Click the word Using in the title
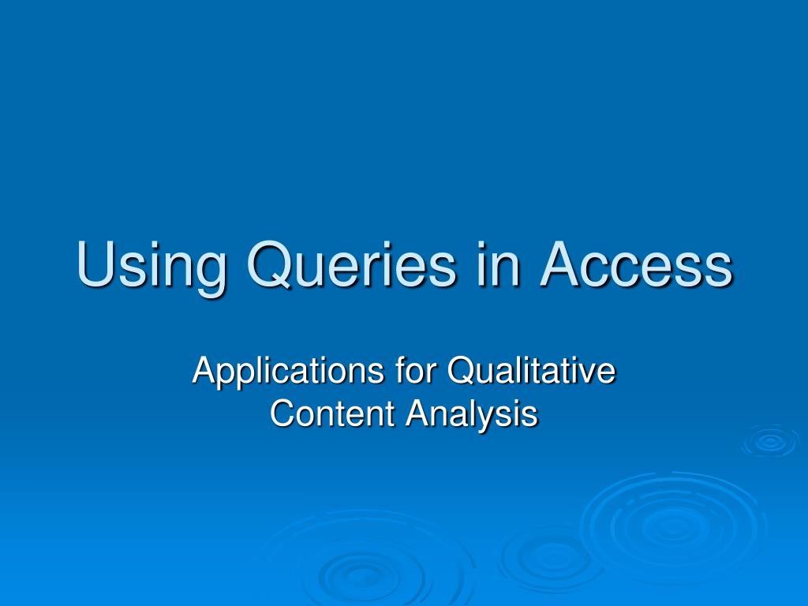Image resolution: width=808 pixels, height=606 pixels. (150, 266)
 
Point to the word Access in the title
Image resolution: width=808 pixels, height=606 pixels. (637, 266)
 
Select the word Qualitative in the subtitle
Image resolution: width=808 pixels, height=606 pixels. (530, 371)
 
